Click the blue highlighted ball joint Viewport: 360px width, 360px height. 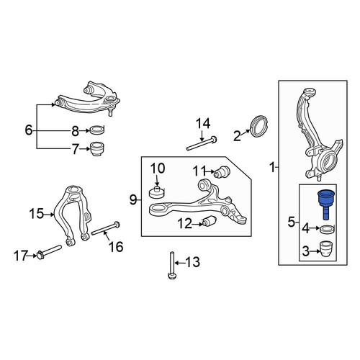[x=325, y=203]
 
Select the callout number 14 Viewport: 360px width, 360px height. [x=203, y=124]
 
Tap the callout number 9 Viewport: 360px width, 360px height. [x=133, y=199]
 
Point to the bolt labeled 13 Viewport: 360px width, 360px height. [x=172, y=265]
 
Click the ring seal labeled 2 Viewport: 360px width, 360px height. [x=258, y=126]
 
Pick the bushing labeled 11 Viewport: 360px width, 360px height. [x=222, y=172]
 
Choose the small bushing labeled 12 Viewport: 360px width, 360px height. [x=210, y=221]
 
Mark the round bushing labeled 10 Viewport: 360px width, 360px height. [x=157, y=192]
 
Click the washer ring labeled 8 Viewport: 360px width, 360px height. [x=97, y=130]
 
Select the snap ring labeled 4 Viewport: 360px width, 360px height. [x=328, y=230]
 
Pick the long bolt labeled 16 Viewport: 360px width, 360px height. [x=105, y=228]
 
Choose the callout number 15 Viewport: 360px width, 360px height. [x=37, y=214]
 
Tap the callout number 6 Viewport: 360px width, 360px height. [x=29, y=131]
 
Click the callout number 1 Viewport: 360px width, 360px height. [x=272, y=167]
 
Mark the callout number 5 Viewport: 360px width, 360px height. [x=291, y=222]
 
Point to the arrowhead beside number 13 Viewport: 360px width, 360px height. [x=176, y=263]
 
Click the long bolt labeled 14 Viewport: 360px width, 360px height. [x=202, y=143]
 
